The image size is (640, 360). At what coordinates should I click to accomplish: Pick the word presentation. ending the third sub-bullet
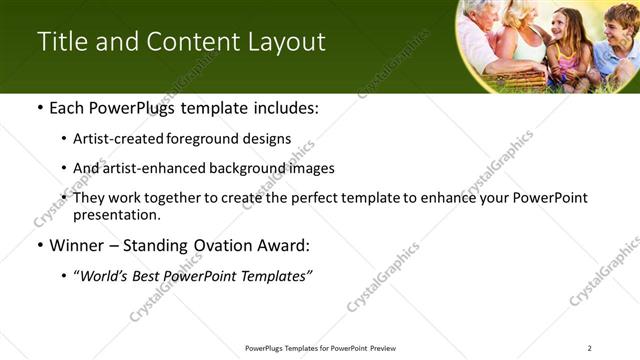point(117,214)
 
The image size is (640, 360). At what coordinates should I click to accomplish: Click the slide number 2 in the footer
point(589,348)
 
